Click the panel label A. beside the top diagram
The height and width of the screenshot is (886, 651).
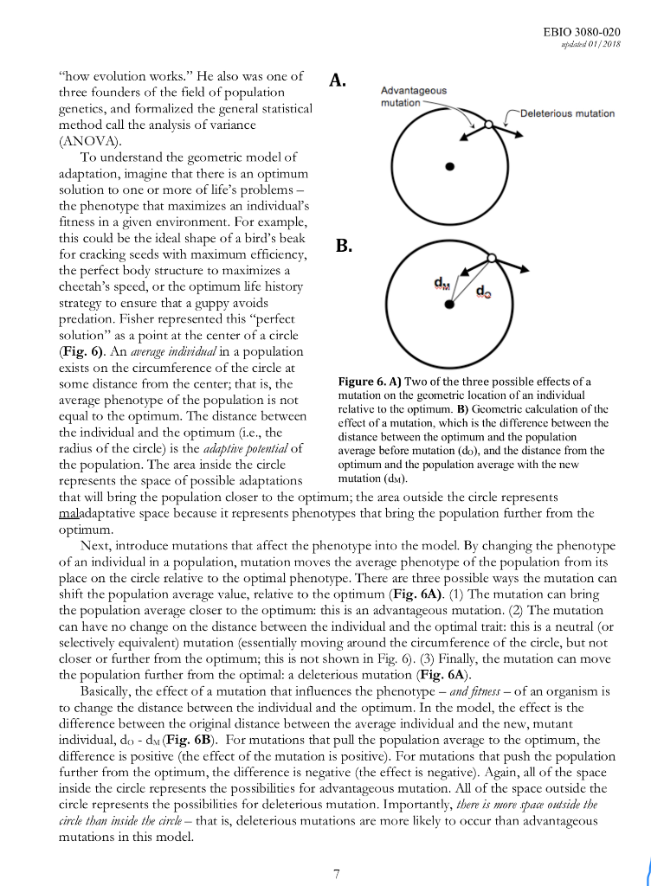(338, 81)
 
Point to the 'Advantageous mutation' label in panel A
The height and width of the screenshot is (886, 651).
(414, 96)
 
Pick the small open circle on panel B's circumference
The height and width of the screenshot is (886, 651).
(491, 258)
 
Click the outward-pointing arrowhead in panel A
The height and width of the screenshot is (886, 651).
(522, 135)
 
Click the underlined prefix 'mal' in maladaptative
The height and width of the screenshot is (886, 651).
(69, 512)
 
